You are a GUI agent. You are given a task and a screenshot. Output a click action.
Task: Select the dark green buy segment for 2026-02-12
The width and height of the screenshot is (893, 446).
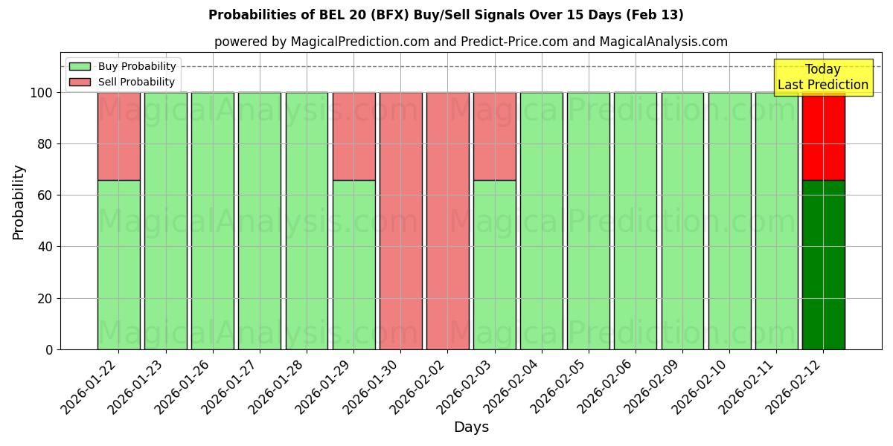pyautogui.click(x=823, y=265)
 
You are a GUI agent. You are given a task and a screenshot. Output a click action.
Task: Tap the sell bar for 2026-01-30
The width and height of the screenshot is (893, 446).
pyautogui.click(x=400, y=221)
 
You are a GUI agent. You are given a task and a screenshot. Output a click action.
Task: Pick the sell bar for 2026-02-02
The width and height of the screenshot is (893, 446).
pyautogui.click(x=447, y=221)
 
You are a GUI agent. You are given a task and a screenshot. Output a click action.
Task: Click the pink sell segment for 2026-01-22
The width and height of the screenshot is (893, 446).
pyautogui.click(x=118, y=136)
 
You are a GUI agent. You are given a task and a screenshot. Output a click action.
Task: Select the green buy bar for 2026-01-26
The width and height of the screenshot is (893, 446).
pyautogui.click(x=212, y=221)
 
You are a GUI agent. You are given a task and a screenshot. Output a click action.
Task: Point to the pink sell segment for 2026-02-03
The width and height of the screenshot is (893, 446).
pyautogui.click(x=494, y=136)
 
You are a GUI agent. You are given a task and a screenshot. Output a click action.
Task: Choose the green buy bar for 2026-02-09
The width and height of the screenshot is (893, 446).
pyautogui.click(x=682, y=221)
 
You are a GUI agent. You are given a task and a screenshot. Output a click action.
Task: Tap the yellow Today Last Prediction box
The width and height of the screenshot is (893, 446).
pyautogui.click(x=822, y=77)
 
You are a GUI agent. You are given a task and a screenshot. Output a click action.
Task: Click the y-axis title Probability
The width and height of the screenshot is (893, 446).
pyautogui.click(x=19, y=201)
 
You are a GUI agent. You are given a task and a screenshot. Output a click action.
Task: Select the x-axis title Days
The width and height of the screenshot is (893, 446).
pyautogui.click(x=471, y=427)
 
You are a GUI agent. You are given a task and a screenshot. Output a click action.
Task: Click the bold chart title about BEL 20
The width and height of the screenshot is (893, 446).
pyautogui.click(x=446, y=15)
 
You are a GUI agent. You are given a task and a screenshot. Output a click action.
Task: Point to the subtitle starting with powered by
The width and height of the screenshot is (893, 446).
pyautogui.click(x=470, y=42)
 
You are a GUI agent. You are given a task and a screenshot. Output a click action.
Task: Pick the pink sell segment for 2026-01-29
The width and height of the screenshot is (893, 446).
pyautogui.click(x=353, y=136)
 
